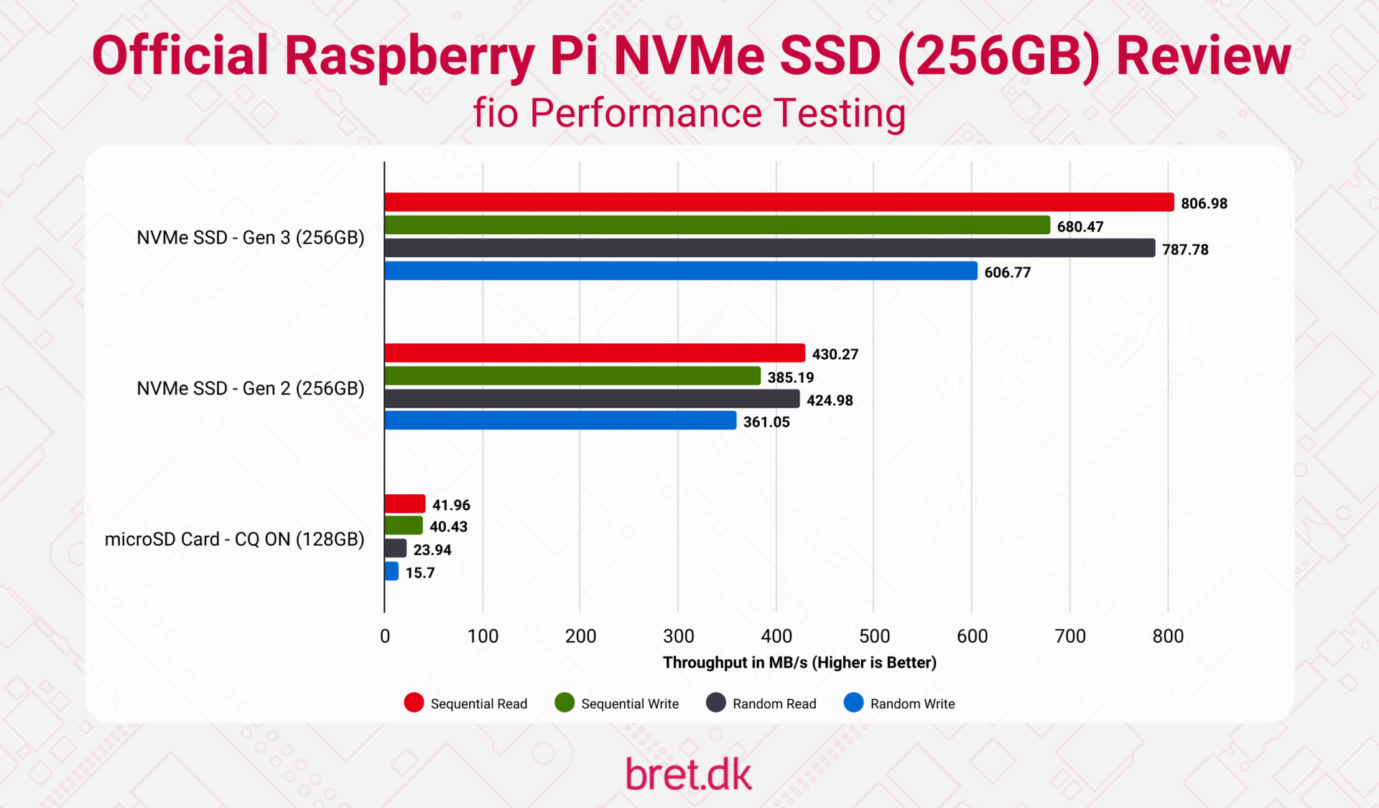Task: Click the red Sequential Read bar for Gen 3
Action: pyautogui.click(x=779, y=203)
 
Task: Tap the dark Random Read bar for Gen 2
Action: pyautogui.click(x=592, y=399)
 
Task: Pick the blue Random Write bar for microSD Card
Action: pyautogui.click(x=391, y=572)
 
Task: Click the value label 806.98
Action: pyautogui.click(x=1204, y=203)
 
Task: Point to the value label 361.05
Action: pyautogui.click(x=766, y=422)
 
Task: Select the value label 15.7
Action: pyautogui.click(x=420, y=573)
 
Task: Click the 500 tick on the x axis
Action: pyautogui.click(x=874, y=636)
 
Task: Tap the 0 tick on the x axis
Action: pyautogui.click(x=385, y=636)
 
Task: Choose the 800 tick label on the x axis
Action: pyautogui.click(x=1168, y=636)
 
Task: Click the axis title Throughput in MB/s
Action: pyautogui.click(x=799, y=662)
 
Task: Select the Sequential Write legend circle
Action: pyautogui.click(x=565, y=703)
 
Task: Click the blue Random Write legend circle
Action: pyautogui.click(x=853, y=703)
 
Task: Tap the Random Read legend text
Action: pyautogui.click(x=774, y=704)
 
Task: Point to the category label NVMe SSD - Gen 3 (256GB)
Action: pyautogui.click(x=251, y=238)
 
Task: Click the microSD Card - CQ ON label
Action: pyautogui.click(x=234, y=539)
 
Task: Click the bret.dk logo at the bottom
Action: pyautogui.click(x=688, y=774)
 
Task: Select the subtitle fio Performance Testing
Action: pyautogui.click(x=689, y=113)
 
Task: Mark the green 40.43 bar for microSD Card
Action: pyautogui.click(x=404, y=526)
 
